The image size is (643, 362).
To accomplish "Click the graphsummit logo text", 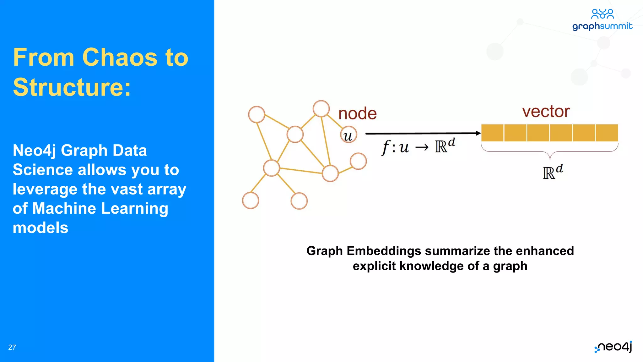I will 602,26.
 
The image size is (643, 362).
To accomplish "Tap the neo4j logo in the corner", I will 613,347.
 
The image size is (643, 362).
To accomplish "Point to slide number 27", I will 12,347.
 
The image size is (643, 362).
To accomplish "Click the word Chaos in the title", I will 120,58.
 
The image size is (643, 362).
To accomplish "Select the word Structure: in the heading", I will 72,87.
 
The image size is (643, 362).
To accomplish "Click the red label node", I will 357,113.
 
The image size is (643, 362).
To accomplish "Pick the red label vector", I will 546,112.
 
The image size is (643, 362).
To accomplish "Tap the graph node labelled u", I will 349,135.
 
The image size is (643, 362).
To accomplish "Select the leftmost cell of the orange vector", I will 492,133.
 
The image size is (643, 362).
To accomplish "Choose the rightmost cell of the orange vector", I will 607,133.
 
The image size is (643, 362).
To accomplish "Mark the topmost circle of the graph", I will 321,109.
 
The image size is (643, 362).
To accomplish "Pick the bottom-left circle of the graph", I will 251,200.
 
